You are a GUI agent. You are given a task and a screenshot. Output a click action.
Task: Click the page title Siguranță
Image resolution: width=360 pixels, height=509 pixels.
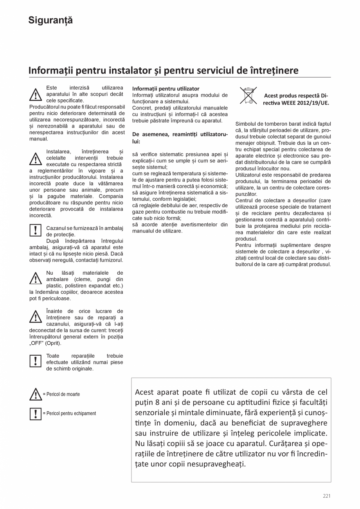pos(50,21)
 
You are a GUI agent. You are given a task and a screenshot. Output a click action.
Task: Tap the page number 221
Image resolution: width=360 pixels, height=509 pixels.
pos(326,496)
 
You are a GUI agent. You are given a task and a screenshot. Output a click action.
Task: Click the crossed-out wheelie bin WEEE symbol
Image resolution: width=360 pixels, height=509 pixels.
pos(248,96)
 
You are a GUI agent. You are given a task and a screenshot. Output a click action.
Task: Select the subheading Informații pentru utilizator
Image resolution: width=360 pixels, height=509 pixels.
pos(166,89)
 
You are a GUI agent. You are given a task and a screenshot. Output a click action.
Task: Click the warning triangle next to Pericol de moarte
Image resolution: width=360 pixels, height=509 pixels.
pos(35,394)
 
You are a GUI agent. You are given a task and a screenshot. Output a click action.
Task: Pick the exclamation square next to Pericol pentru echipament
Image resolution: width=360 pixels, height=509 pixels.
pos(35,414)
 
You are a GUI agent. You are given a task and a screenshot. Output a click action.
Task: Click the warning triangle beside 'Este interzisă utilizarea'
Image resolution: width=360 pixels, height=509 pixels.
pos(35,95)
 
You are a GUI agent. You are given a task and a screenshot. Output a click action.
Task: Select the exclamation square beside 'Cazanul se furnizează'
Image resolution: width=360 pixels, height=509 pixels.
pos(35,230)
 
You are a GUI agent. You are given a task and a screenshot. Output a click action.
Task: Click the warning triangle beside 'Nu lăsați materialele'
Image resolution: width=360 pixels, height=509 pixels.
pos(35,279)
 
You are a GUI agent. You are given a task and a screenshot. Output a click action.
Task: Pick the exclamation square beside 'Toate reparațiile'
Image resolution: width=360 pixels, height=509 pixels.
pos(35,361)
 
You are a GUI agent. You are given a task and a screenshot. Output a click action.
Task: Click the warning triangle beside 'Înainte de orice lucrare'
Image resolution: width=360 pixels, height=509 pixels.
pos(35,317)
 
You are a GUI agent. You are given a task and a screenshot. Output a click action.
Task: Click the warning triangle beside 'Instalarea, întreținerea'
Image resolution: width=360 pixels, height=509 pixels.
pos(35,158)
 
